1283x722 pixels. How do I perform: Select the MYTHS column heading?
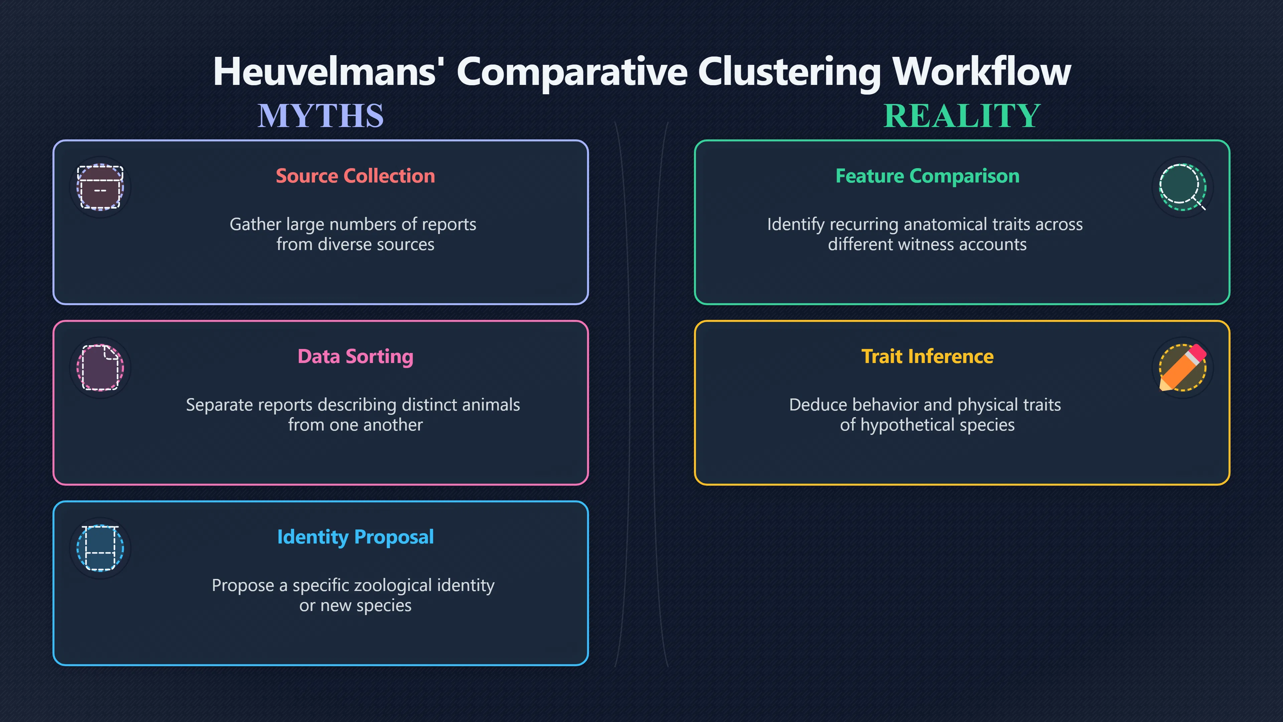pyautogui.click(x=321, y=116)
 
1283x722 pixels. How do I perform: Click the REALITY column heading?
pyautogui.click(x=962, y=116)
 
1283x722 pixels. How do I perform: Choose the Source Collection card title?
pyautogui.click(x=355, y=176)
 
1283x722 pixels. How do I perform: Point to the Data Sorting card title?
pyautogui.click(x=355, y=357)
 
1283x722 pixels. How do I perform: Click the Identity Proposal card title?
pyautogui.click(x=355, y=537)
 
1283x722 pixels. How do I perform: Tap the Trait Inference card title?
pyautogui.click(x=928, y=356)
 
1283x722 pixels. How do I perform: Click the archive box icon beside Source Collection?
pyautogui.click(x=100, y=187)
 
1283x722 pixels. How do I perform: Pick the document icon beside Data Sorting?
pyautogui.click(x=100, y=368)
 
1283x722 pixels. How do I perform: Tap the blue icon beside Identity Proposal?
pyautogui.click(x=100, y=548)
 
